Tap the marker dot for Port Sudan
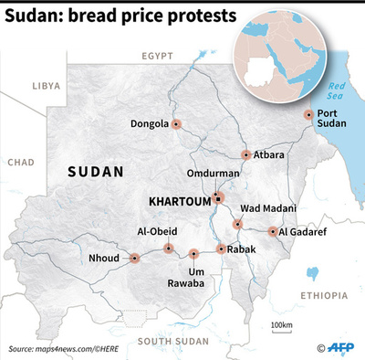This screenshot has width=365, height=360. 308,115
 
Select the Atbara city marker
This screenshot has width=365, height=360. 245,155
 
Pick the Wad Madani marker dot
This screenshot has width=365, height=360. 237,224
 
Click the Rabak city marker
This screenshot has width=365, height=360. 221,249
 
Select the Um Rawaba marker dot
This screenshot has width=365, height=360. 193,253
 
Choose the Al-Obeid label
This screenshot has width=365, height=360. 156,232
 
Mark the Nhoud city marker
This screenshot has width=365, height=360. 134,259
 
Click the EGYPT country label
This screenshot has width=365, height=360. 157,57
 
